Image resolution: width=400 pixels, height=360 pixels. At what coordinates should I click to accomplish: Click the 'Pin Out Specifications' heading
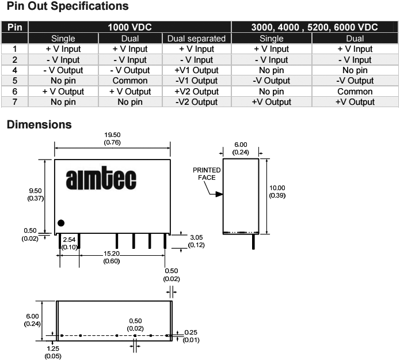67,7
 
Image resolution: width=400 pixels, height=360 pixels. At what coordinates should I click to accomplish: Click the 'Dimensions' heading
39,124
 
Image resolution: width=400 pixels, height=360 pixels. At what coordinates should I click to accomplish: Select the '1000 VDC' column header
129,27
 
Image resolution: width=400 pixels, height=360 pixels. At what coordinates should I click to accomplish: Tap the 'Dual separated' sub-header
197,39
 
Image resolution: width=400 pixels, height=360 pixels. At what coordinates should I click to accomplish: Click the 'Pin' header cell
14,27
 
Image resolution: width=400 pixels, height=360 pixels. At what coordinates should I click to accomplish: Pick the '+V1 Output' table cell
197,70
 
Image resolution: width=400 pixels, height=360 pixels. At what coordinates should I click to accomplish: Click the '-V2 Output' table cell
197,102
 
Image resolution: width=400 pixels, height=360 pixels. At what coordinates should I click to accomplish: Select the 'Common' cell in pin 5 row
130,81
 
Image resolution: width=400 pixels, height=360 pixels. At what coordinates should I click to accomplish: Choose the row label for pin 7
14,102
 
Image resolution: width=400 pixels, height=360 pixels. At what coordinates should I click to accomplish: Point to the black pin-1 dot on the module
61,223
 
